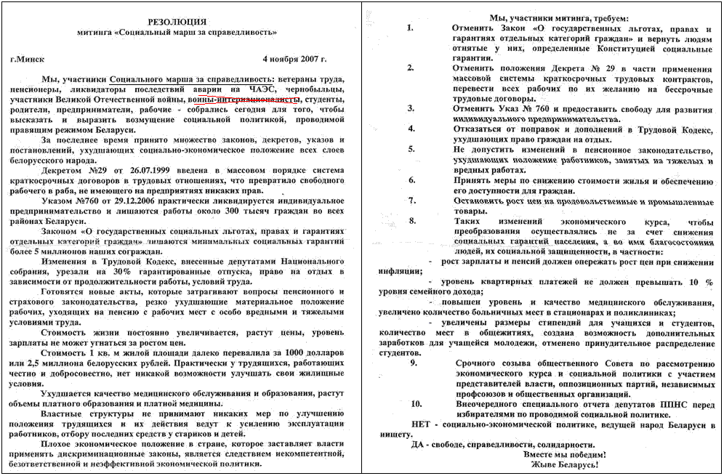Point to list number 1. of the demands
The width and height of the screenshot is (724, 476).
tap(411, 28)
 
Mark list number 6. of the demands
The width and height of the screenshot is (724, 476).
tap(411, 179)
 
